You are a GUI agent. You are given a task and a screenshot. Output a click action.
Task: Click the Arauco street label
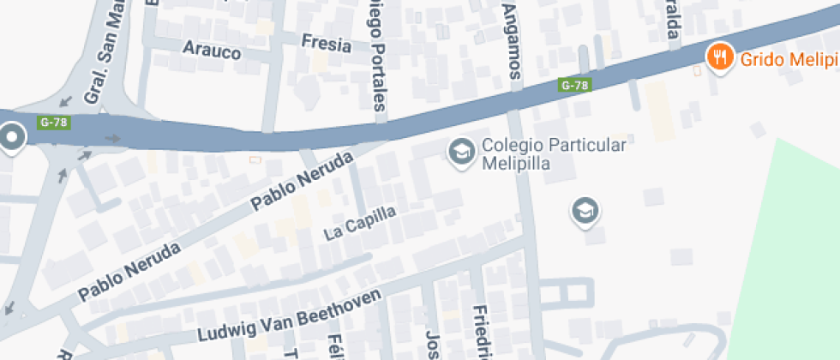tap(212, 51)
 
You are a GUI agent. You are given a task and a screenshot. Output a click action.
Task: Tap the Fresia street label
tap(327, 43)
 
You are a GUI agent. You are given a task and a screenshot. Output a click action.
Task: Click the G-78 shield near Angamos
tap(574, 85)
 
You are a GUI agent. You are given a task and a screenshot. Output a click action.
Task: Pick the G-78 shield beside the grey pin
tap(53, 122)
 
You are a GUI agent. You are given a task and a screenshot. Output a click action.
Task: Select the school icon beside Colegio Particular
tap(462, 153)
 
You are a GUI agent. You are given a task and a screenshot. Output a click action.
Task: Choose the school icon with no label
tap(585, 210)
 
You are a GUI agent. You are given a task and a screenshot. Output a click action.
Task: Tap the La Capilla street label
tap(360, 222)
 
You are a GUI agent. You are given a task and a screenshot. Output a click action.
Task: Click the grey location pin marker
tap(12, 137)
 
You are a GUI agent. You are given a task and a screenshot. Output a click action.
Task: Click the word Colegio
tap(508, 145)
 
